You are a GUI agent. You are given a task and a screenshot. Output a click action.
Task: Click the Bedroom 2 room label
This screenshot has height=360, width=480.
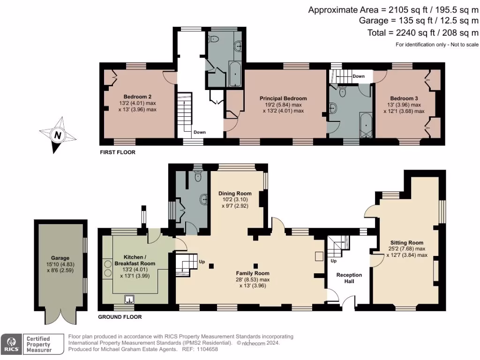(x=137, y=97)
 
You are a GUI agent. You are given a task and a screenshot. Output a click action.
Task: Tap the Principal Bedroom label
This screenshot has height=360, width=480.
(x=283, y=98)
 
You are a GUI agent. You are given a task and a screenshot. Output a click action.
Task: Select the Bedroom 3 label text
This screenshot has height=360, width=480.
(x=404, y=98)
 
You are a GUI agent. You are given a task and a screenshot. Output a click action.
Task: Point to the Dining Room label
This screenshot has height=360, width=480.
(x=235, y=193)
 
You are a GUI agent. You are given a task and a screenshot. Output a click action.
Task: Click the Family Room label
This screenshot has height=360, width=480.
(x=253, y=273)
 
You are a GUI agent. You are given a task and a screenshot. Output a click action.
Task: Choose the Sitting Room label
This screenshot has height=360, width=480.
(x=407, y=242)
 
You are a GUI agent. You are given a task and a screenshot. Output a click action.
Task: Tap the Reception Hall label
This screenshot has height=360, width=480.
(x=349, y=278)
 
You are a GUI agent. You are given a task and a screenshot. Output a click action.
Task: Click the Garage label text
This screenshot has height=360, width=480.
(x=60, y=258)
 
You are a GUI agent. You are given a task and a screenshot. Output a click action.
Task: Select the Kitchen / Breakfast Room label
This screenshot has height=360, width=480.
(x=135, y=260)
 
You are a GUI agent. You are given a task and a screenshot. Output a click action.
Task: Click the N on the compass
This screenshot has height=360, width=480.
(x=58, y=135)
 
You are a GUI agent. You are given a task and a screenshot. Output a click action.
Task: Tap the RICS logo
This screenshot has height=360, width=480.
(x=11, y=344)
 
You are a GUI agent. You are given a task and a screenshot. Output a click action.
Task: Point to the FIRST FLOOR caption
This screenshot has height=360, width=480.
(x=118, y=152)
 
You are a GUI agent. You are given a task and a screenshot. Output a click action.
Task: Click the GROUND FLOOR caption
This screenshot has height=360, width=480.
(x=120, y=317)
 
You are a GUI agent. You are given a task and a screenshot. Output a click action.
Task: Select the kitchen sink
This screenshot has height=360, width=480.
(x=129, y=299)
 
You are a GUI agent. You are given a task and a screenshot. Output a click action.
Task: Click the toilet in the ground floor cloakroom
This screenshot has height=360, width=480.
(x=198, y=176)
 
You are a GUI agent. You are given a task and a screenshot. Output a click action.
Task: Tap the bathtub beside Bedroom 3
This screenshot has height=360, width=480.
(x=366, y=126)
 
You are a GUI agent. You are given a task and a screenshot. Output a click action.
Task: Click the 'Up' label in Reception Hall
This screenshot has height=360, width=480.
(x=333, y=261)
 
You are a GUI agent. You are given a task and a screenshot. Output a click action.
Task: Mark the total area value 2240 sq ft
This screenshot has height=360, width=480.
(x=407, y=32)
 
